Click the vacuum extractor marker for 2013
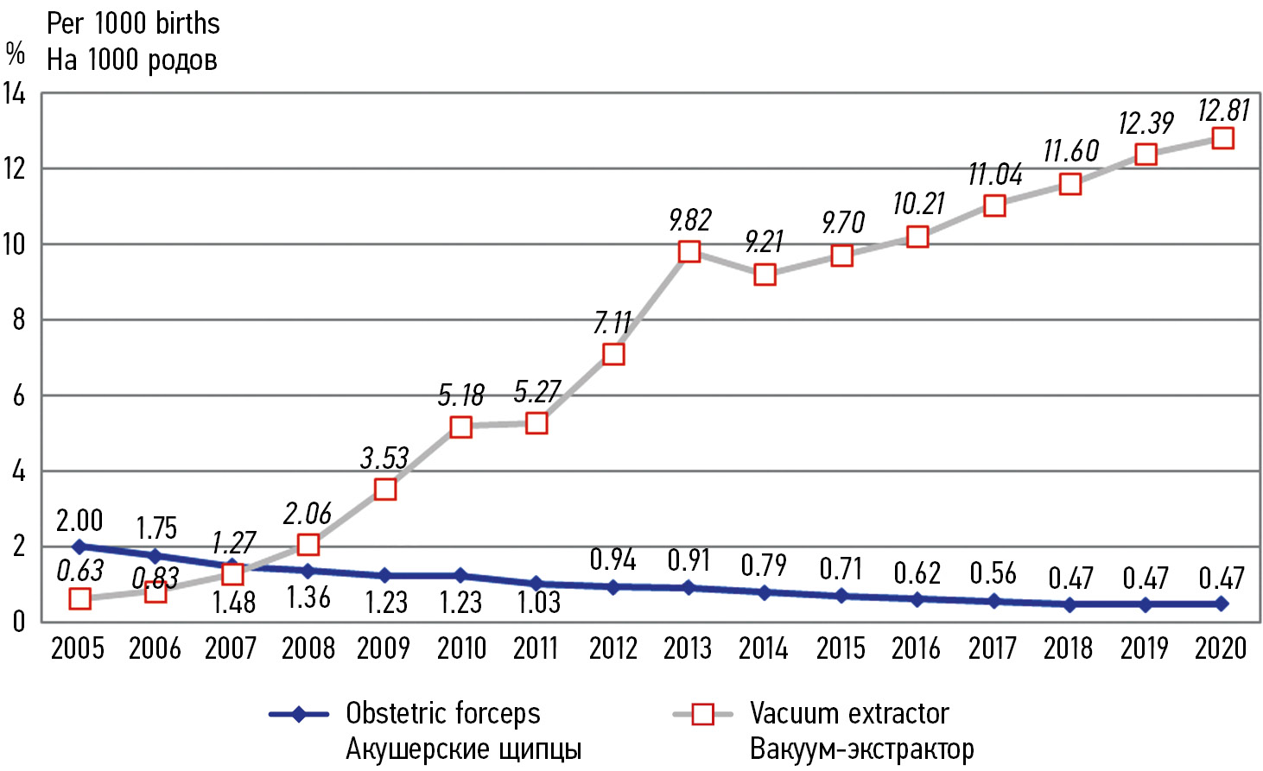click(689, 251)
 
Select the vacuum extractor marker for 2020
click(1222, 138)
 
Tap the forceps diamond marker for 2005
click(79, 547)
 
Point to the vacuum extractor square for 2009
click(385, 490)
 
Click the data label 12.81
click(1223, 111)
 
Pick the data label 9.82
click(689, 220)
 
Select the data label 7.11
click(612, 323)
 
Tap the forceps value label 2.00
click(79, 521)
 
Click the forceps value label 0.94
click(612, 560)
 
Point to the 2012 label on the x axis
click(612, 648)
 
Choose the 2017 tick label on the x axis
click(993, 648)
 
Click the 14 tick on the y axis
click(15, 93)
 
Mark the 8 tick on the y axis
click(18, 320)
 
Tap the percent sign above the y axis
click(16, 54)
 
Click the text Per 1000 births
click(133, 23)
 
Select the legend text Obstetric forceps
click(442, 713)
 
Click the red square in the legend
click(703, 714)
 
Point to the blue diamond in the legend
click(298, 714)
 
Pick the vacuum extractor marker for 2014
click(765, 275)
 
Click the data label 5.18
click(460, 395)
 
